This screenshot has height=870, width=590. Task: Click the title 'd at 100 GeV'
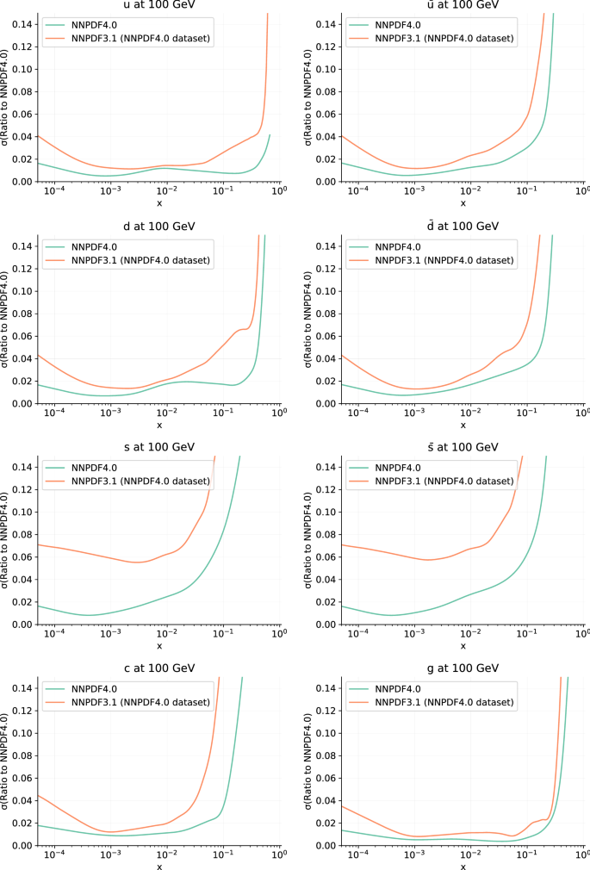158,226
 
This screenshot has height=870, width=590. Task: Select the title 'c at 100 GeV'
158,668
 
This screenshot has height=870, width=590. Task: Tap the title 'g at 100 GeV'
463,668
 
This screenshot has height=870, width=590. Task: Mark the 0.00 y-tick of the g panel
326,846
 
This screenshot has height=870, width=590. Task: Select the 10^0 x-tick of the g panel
583,856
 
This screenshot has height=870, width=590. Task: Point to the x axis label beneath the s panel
158,645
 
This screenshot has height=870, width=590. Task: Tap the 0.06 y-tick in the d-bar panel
326,336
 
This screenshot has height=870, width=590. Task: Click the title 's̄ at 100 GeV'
463,447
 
